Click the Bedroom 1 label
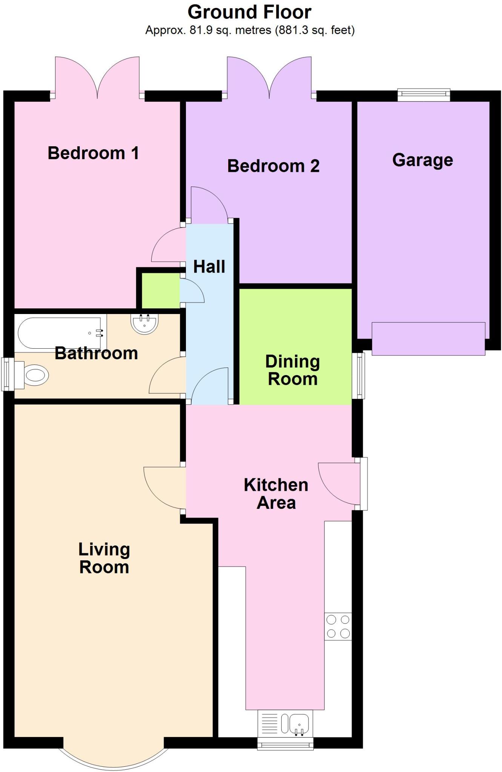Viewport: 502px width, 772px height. (93, 153)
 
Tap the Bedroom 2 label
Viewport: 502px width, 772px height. (273, 166)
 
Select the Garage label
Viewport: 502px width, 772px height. (422, 160)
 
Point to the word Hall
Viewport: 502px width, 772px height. (209, 267)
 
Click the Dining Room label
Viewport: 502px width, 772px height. (293, 370)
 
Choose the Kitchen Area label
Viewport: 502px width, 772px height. (276, 494)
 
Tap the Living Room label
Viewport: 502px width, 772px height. (104, 558)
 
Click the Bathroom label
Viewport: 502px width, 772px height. (96, 353)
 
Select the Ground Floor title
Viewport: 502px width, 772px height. (249, 12)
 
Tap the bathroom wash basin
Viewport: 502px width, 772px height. (144, 324)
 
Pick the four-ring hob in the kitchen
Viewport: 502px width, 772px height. (338, 626)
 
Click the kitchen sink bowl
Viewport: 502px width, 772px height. (300, 722)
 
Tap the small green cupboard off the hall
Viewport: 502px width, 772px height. (160, 291)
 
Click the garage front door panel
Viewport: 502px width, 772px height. (428, 339)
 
